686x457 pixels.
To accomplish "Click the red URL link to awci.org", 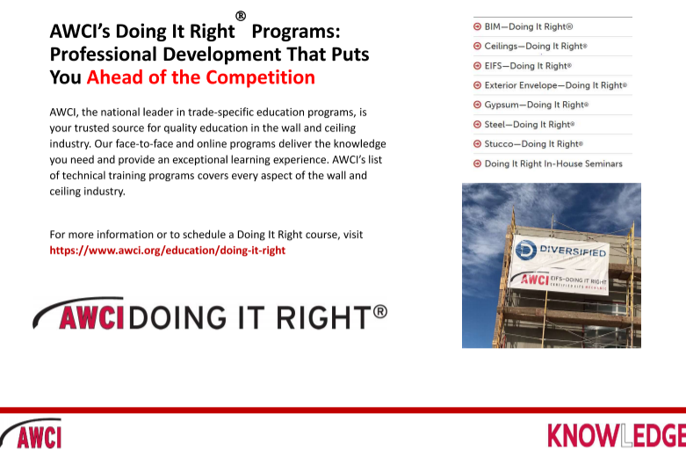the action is [167, 250].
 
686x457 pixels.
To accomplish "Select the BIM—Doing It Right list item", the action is [529, 26].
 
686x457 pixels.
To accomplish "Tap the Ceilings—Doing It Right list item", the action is [536, 46].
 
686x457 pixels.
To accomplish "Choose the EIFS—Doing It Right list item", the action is [528, 66].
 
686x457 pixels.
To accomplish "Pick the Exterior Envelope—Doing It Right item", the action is [556, 85].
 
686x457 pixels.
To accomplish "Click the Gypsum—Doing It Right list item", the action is [537, 105].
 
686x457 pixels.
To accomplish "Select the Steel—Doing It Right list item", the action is [530, 124].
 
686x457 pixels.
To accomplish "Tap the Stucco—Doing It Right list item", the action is [534, 143].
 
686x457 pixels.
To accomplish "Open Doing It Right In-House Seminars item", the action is [553, 163].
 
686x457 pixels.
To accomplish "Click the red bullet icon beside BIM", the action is [477, 26].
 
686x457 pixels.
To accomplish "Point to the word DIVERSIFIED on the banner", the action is [573, 250].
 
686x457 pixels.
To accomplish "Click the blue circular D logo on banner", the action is [526, 250].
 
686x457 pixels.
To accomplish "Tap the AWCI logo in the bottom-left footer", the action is [32, 433].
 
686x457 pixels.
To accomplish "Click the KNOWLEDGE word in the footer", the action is [617, 436].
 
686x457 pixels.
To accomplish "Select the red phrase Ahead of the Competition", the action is [201, 77].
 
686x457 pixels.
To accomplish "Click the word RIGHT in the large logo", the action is [324, 317].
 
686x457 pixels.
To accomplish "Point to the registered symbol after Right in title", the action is [241, 16].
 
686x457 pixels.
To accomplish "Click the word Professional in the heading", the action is [104, 54].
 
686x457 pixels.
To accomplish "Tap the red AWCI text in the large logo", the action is [91, 317].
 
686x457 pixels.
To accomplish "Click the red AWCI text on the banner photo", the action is [535, 279].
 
